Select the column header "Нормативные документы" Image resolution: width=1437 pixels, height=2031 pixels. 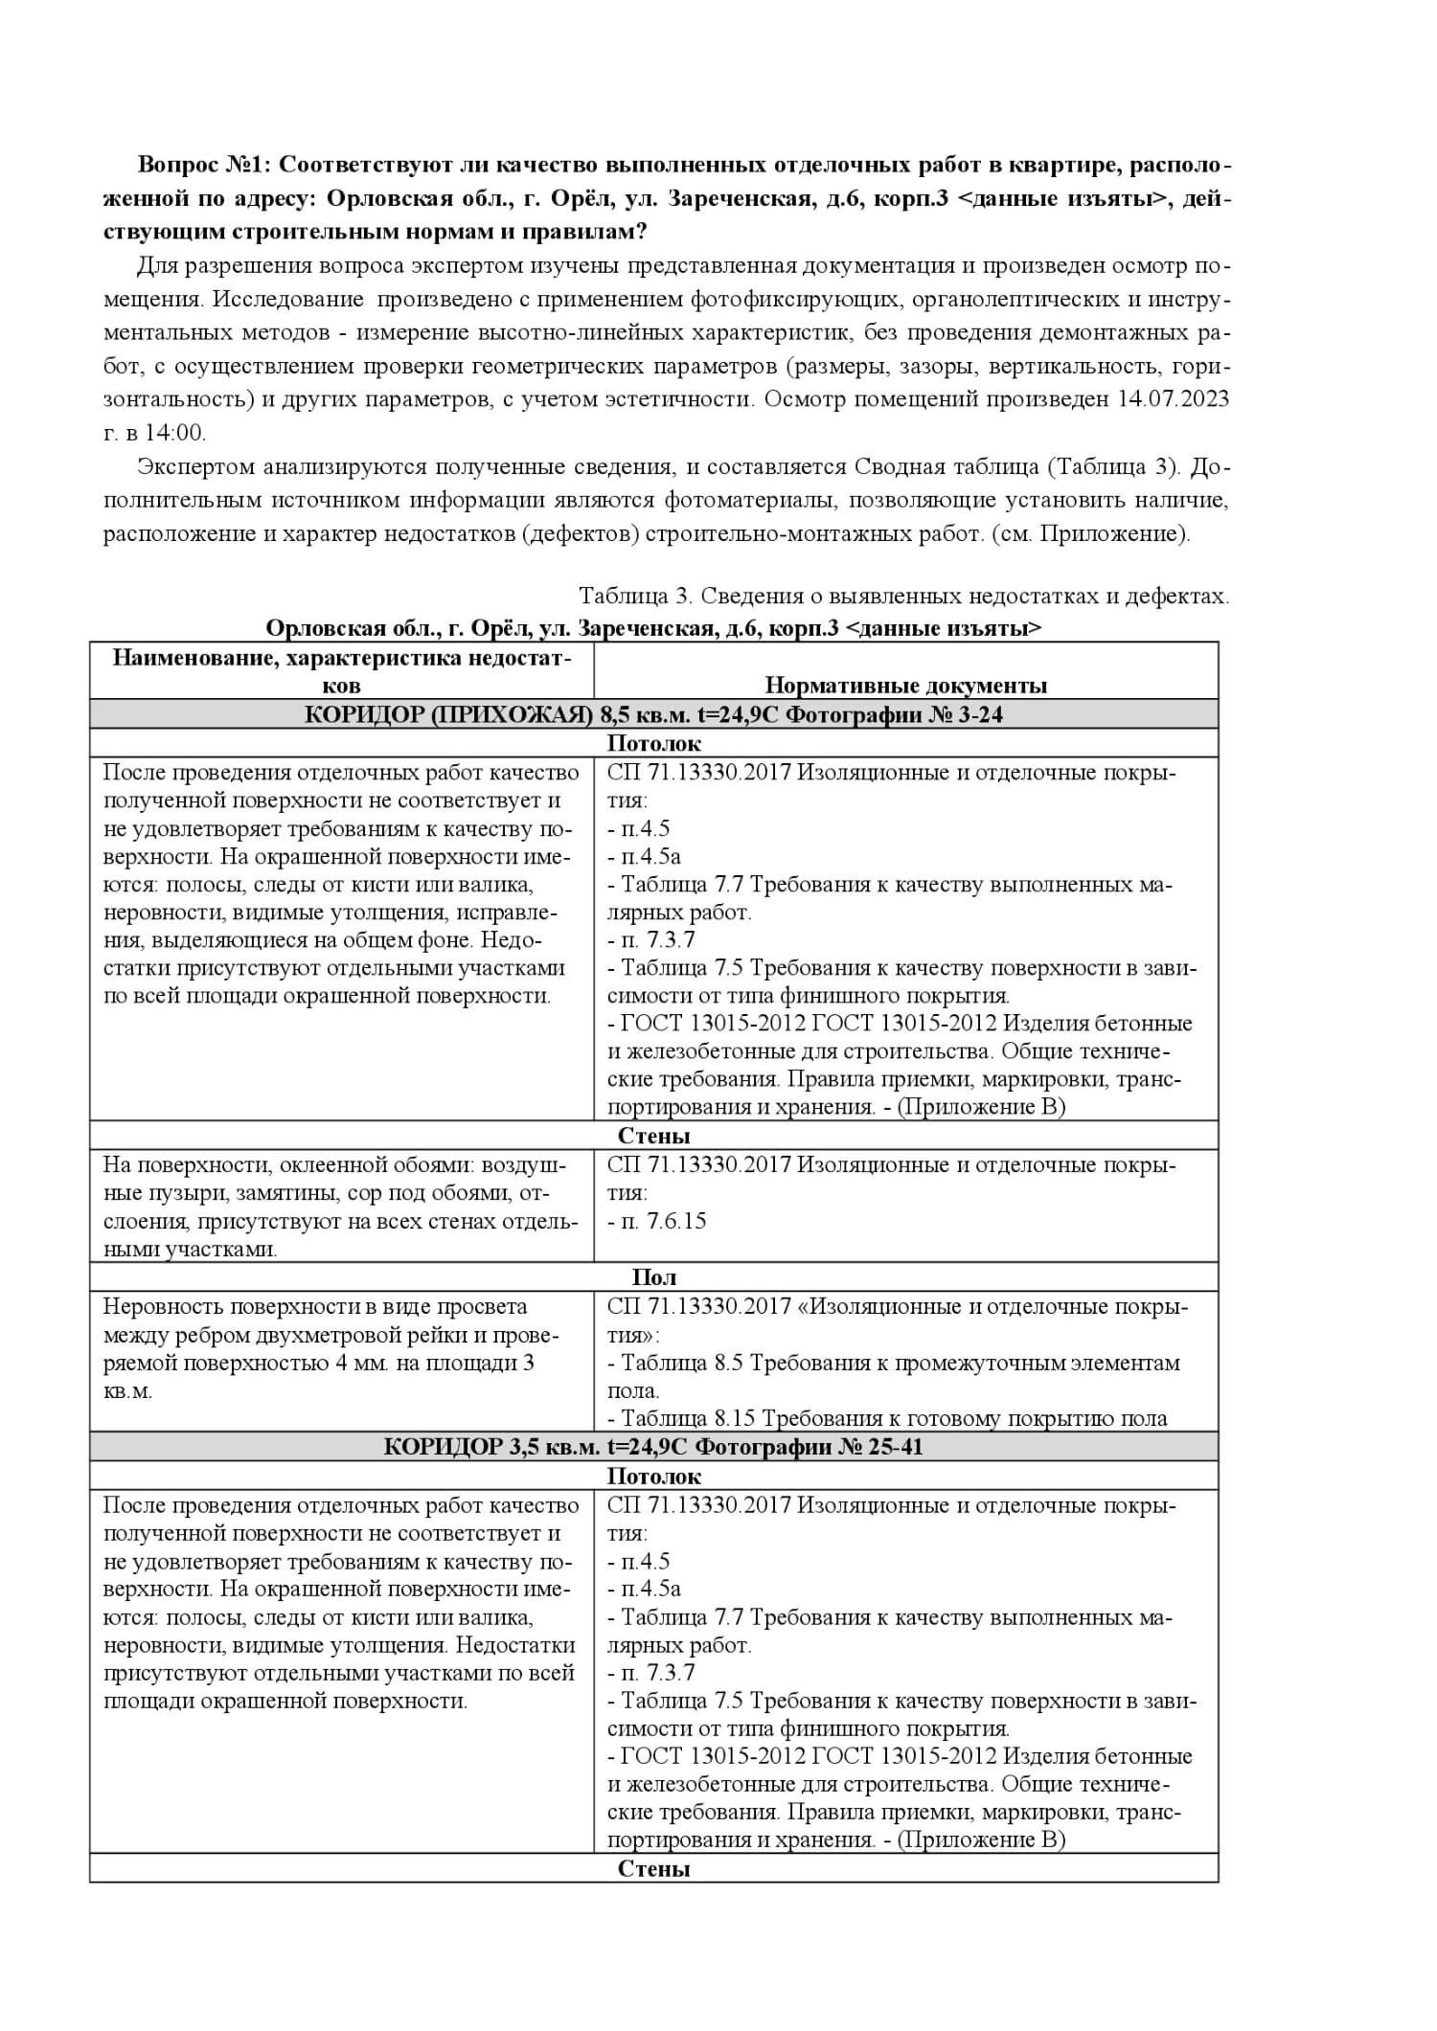click(x=905, y=685)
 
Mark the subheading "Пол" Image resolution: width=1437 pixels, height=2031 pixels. click(x=654, y=1276)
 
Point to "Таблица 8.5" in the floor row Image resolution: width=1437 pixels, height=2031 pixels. click(x=682, y=1363)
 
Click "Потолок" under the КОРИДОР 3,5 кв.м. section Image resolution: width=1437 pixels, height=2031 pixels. click(x=654, y=1476)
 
